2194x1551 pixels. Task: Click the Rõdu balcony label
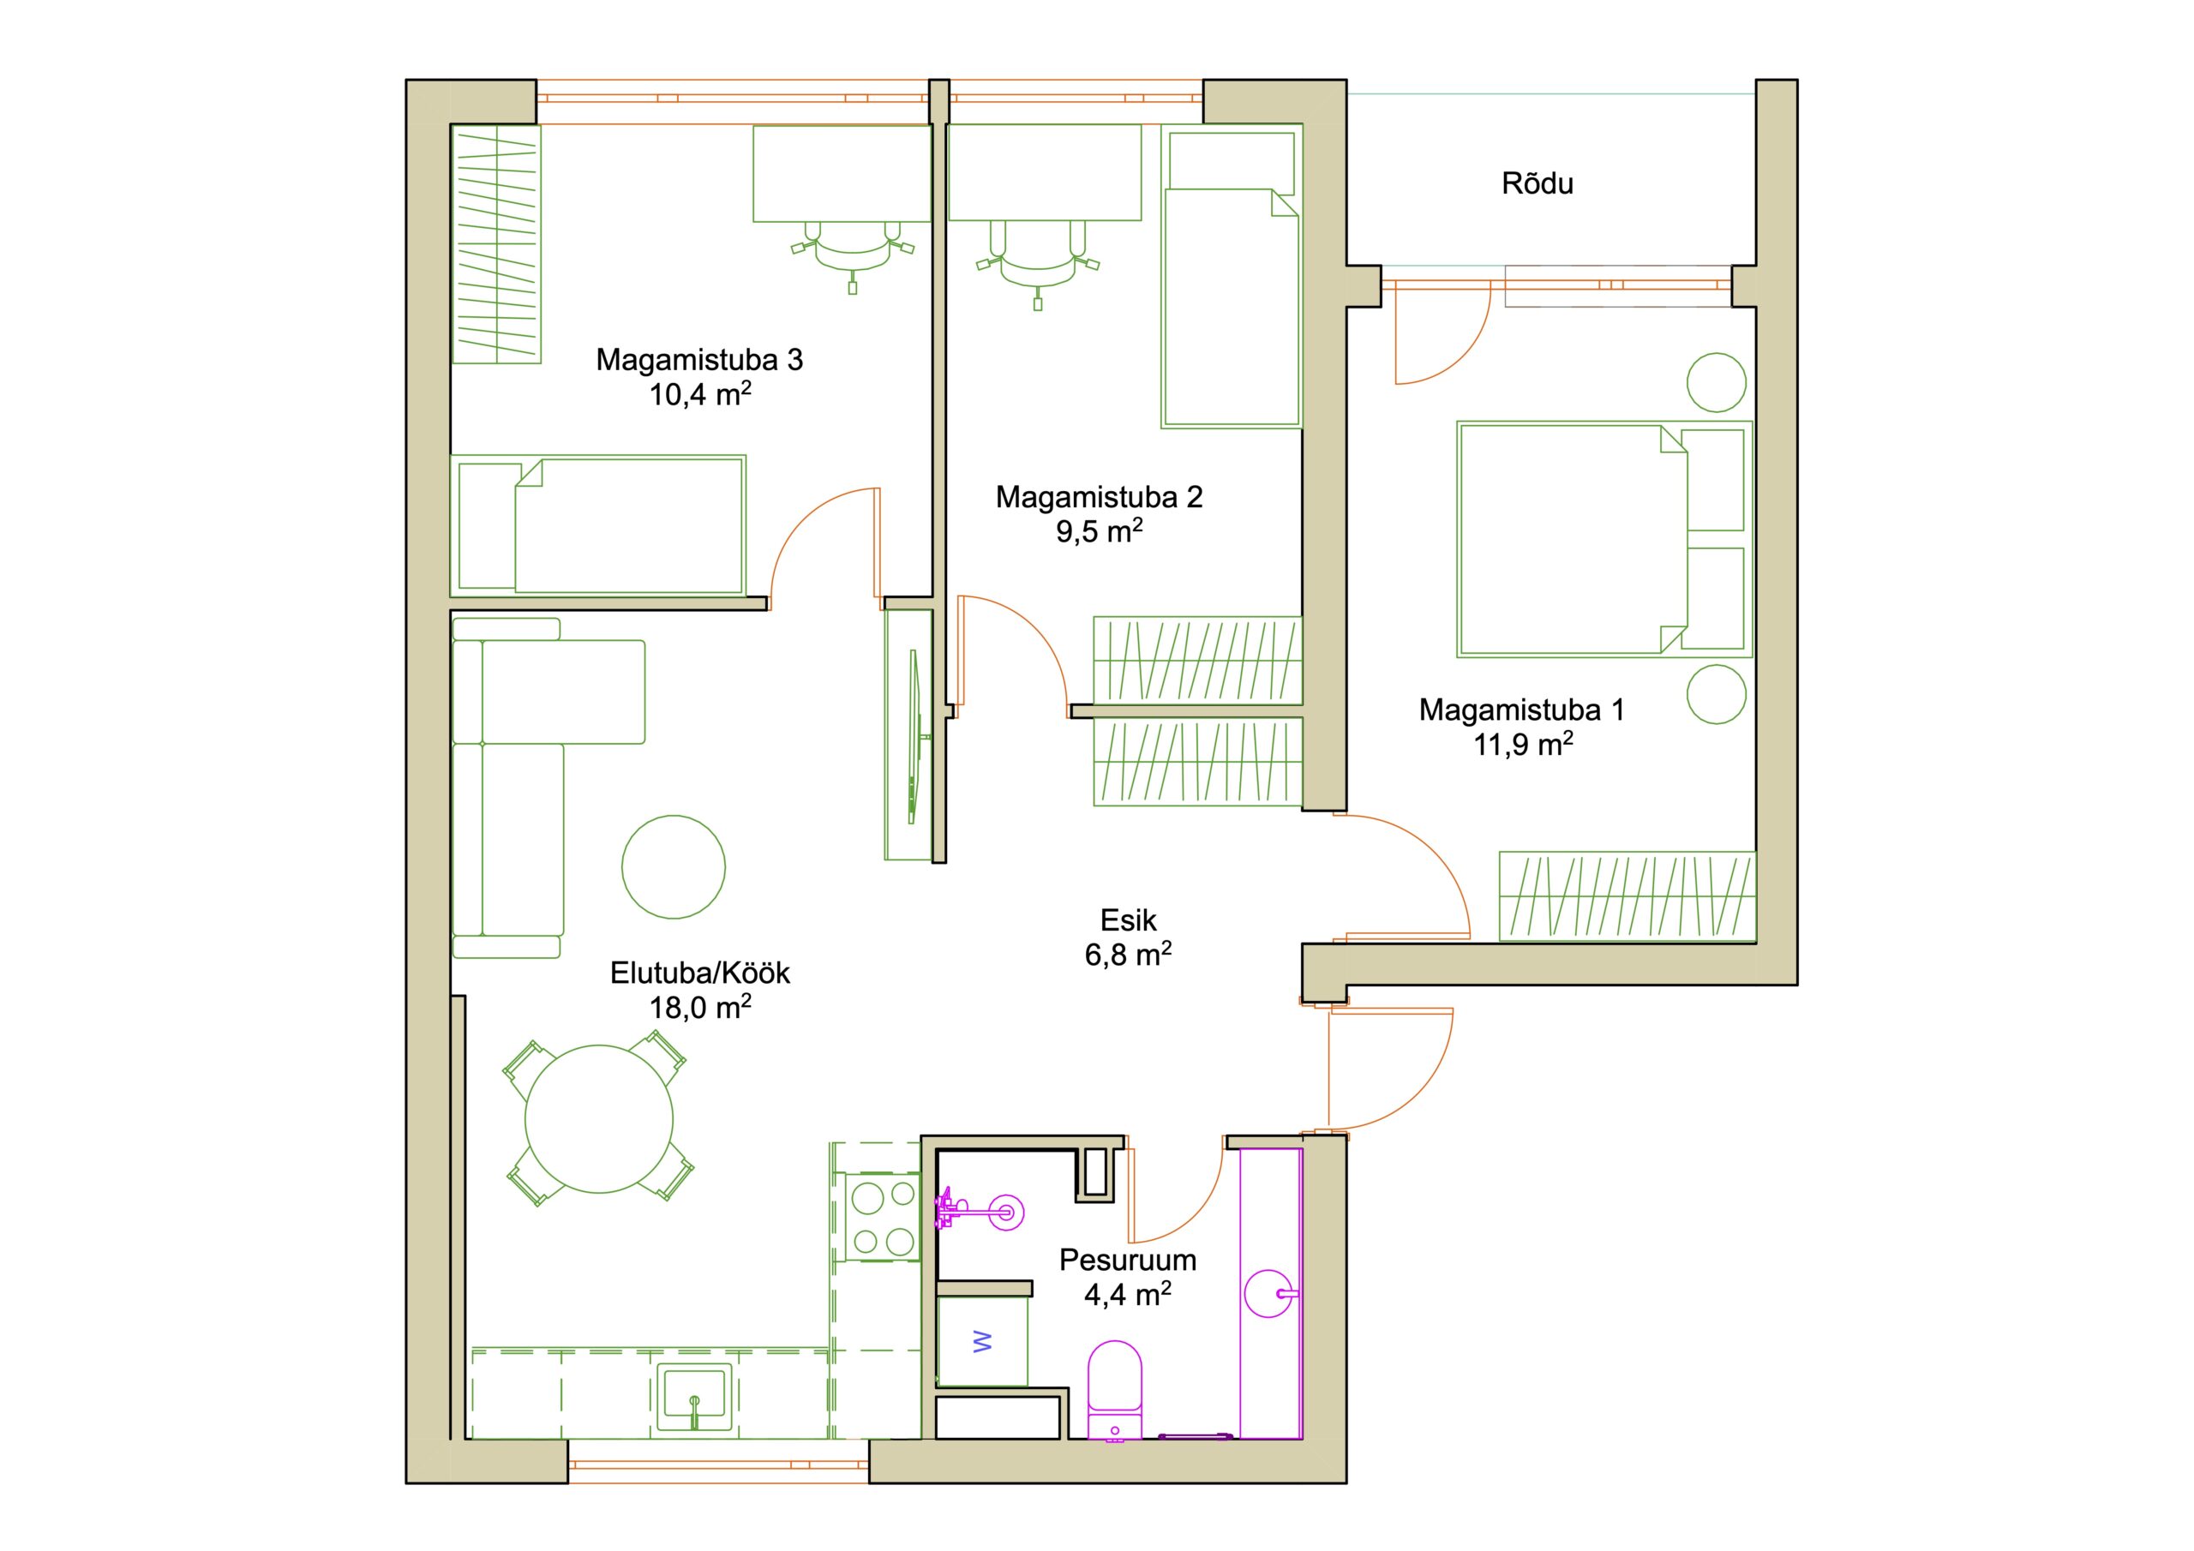click(1537, 183)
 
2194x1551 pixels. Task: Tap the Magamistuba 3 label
click(699, 360)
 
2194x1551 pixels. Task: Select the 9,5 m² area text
click(1099, 531)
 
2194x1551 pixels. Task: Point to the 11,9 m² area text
click(1523, 745)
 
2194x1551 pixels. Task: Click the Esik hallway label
click(1129, 920)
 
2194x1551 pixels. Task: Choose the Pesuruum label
click(1128, 1260)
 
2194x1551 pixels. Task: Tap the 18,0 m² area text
click(700, 1007)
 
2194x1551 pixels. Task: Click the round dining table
click(599, 1119)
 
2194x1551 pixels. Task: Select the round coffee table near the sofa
click(674, 867)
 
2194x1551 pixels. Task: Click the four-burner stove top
click(883, 1218)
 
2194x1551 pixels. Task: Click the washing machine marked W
click(982, 1342)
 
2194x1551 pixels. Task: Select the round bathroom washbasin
click(1272, 1294)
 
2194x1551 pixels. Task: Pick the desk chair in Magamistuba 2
click(1038, 264)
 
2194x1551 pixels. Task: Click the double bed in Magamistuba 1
click(1604, 539)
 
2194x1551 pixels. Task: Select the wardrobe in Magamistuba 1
click(1628, 895)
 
